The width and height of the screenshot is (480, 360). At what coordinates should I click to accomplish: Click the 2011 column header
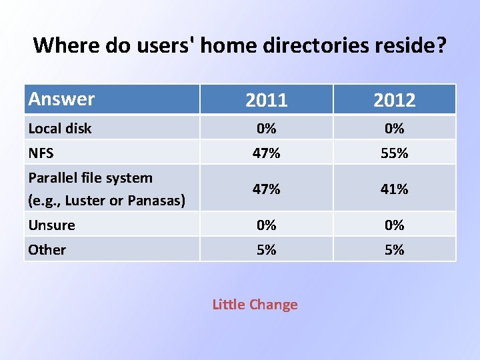[x=266, y=100]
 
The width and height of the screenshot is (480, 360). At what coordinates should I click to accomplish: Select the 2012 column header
[x=394, y=100]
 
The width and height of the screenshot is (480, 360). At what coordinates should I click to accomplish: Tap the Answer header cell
[x=61, y=99]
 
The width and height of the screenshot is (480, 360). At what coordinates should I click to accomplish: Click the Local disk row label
[x=59, y=128]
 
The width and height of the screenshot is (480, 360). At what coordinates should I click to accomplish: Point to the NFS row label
[x=41, y=153]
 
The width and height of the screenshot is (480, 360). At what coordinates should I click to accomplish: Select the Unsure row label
[x=51, y=225]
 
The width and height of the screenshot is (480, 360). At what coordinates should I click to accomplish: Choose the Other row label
[x=47, y=249]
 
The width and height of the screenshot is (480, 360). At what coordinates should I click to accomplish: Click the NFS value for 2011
[x=266, y=153]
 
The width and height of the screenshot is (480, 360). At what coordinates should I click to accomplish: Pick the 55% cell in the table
[x=394, y=153]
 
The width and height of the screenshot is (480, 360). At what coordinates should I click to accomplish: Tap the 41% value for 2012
[x=394, y=189]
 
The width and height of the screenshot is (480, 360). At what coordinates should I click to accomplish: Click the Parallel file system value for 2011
[x=266, y=189]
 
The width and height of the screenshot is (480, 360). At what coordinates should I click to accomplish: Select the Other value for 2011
[x=266, y=249]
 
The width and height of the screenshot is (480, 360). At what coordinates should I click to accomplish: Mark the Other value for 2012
[x=394, y=249]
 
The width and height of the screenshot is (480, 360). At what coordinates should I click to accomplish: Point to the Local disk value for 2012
[x=394, y=128]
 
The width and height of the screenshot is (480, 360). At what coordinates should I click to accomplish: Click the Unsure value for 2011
[x=266, y=225]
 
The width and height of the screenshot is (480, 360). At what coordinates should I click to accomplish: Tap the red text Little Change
[x=255, y=305]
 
